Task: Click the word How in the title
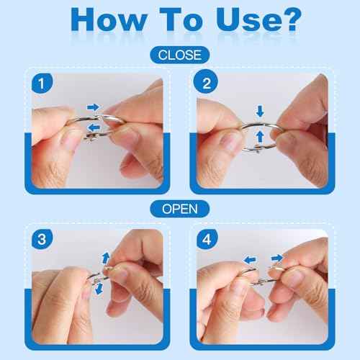point(109,19)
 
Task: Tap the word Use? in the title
point(258,19)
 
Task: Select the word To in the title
point(181,19)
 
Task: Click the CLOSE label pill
point(180,55)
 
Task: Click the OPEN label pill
point(180,209)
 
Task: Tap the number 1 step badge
point(42,84)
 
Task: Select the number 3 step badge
point(42,239)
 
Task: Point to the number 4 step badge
point(207,239)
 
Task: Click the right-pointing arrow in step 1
point(93,107)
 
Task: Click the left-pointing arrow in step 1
point(94,127)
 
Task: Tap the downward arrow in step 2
point(260,111)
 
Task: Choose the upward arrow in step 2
point(260,137)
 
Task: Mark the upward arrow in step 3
point(106,258)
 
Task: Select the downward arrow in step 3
point(99,289)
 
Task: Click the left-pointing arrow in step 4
point(250,260)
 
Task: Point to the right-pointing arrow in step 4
point(277,258)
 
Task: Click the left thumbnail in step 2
point(228,142)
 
